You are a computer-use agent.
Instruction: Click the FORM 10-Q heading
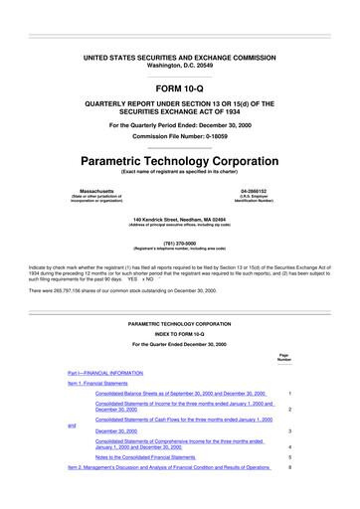(180, 86)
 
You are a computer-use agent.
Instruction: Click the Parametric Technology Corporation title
(180, 159)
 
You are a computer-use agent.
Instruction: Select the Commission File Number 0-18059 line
(180, 135)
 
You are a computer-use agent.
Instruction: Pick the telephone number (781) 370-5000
(180, 239)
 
